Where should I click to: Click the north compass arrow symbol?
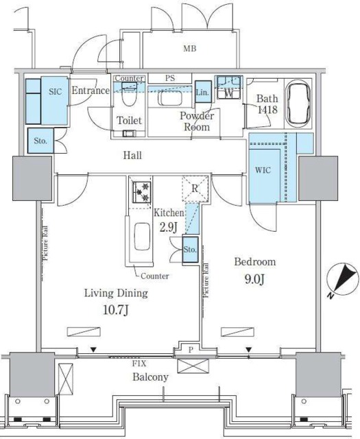(342, 282)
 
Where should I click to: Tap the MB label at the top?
(190, 49)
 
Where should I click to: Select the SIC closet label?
(56, 90)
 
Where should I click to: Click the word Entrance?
(91, 91)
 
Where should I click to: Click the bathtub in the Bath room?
(299, 104)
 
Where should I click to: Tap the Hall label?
(132, 156)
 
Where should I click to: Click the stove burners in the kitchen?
(141, 191)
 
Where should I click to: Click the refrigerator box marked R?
(194, 189)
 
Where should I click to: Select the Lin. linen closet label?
(203, 93)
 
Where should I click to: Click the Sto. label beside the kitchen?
(190, 250)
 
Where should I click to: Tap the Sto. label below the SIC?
(40, 142)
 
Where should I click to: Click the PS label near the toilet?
(169, 78)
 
